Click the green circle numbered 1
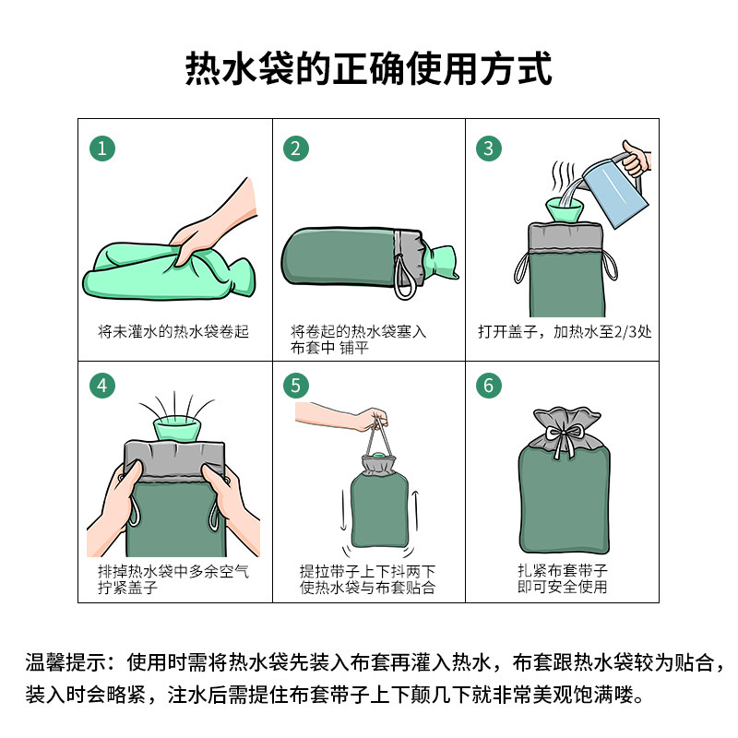[102, 149]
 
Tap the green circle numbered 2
[295, 149]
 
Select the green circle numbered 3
[489, 149]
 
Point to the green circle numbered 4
[102, 386]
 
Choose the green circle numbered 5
[295, 386]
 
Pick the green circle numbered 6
[489, 386]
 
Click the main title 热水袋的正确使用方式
[368, 68]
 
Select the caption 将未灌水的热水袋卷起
[173, 332]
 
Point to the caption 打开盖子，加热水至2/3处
[565, 332]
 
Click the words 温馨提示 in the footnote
[65, 662]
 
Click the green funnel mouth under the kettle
[565, 210]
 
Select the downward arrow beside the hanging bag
[343, 510]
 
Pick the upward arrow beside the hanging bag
[415, 510]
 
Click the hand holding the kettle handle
[636, 159]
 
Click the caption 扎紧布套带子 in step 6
[563, 570]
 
